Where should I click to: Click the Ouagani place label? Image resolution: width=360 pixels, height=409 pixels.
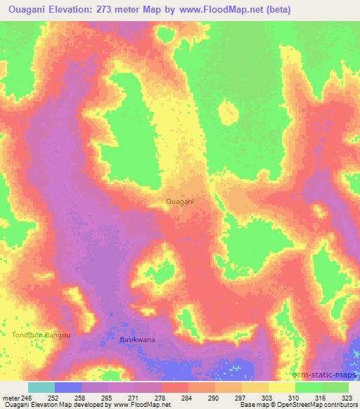[x=180, y=202]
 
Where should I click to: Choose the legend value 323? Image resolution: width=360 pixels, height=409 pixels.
[x=347, y=397]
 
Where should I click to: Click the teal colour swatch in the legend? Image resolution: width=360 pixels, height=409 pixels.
[x=41, y=387]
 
